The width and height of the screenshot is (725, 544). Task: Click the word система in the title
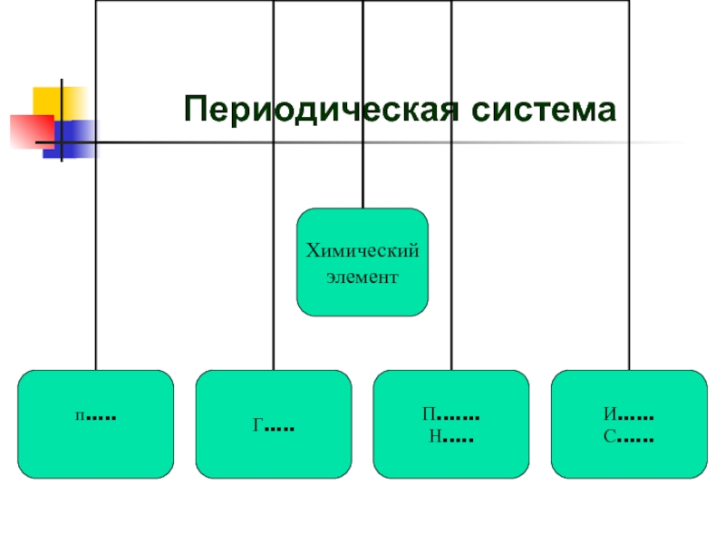(536, 109)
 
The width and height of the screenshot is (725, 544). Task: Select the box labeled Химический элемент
(362, 262)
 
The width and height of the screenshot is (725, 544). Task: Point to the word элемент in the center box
(362, 275)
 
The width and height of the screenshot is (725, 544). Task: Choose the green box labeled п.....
(95, 423)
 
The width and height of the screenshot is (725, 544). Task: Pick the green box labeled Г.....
(273, 423)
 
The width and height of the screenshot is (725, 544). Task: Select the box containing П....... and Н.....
(450, 423)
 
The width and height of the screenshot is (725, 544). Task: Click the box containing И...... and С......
(629, 423)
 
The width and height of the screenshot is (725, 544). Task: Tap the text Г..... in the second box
(273, 424)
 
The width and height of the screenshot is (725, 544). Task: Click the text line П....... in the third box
(450, 415)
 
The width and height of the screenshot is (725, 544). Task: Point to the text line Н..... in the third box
(450, 437)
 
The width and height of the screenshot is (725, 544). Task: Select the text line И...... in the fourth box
(629, 415)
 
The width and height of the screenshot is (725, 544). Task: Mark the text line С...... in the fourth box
(629, 437)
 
